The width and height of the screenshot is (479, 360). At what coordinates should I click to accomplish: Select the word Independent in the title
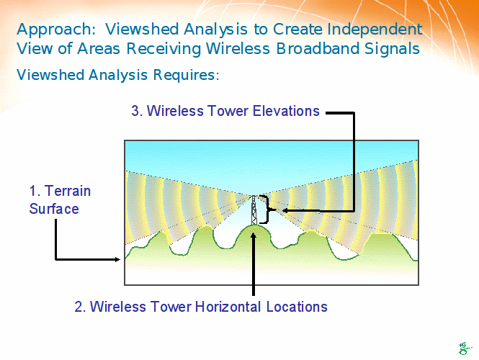click(x=375, y=30)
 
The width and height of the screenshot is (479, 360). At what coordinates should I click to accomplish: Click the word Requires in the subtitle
click(x=186, y=75)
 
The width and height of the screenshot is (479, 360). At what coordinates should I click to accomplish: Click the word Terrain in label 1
click(x=68, y=191)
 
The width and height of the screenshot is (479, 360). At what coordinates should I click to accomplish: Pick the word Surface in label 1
click(x=54, y=209)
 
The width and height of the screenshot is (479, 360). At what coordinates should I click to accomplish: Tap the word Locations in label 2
click(x=297, y=307)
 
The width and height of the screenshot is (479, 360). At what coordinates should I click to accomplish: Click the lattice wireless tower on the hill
click(x=254, y=210)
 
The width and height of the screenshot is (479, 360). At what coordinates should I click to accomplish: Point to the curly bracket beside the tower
click(x=266, y=210)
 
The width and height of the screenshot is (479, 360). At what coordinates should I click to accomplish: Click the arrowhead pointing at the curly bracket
click(x=285, y=210)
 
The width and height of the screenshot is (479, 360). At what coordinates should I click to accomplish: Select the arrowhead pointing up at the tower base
click(x=254, y=235)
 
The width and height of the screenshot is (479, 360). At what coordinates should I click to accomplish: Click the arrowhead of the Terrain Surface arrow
click(x=117, y=259)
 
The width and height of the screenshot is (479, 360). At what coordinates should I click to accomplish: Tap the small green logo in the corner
click(x=465, y=348)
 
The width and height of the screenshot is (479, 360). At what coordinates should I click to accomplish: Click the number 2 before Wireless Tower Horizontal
click(x=79, y=307)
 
